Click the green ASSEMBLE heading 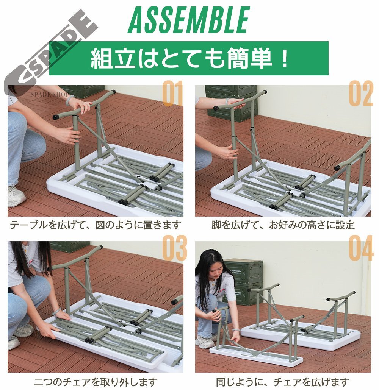[x=188, y=20]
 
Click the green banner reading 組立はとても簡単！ [x=189, y=58]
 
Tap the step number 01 [x=173, y=93]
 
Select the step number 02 [x=360, y=93]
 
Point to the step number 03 [x=175, y=248]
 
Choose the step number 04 [x=361, y=248]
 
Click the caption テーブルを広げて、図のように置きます [x=96, y=225]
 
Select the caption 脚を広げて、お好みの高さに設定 [x=283, y=225]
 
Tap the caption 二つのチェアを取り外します [x=96, y=382]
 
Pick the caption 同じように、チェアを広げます [x=282, y=382]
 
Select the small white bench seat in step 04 [x=256, y=356]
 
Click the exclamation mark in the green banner [x=284, y=58]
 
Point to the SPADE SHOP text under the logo [x=50, y=94]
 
